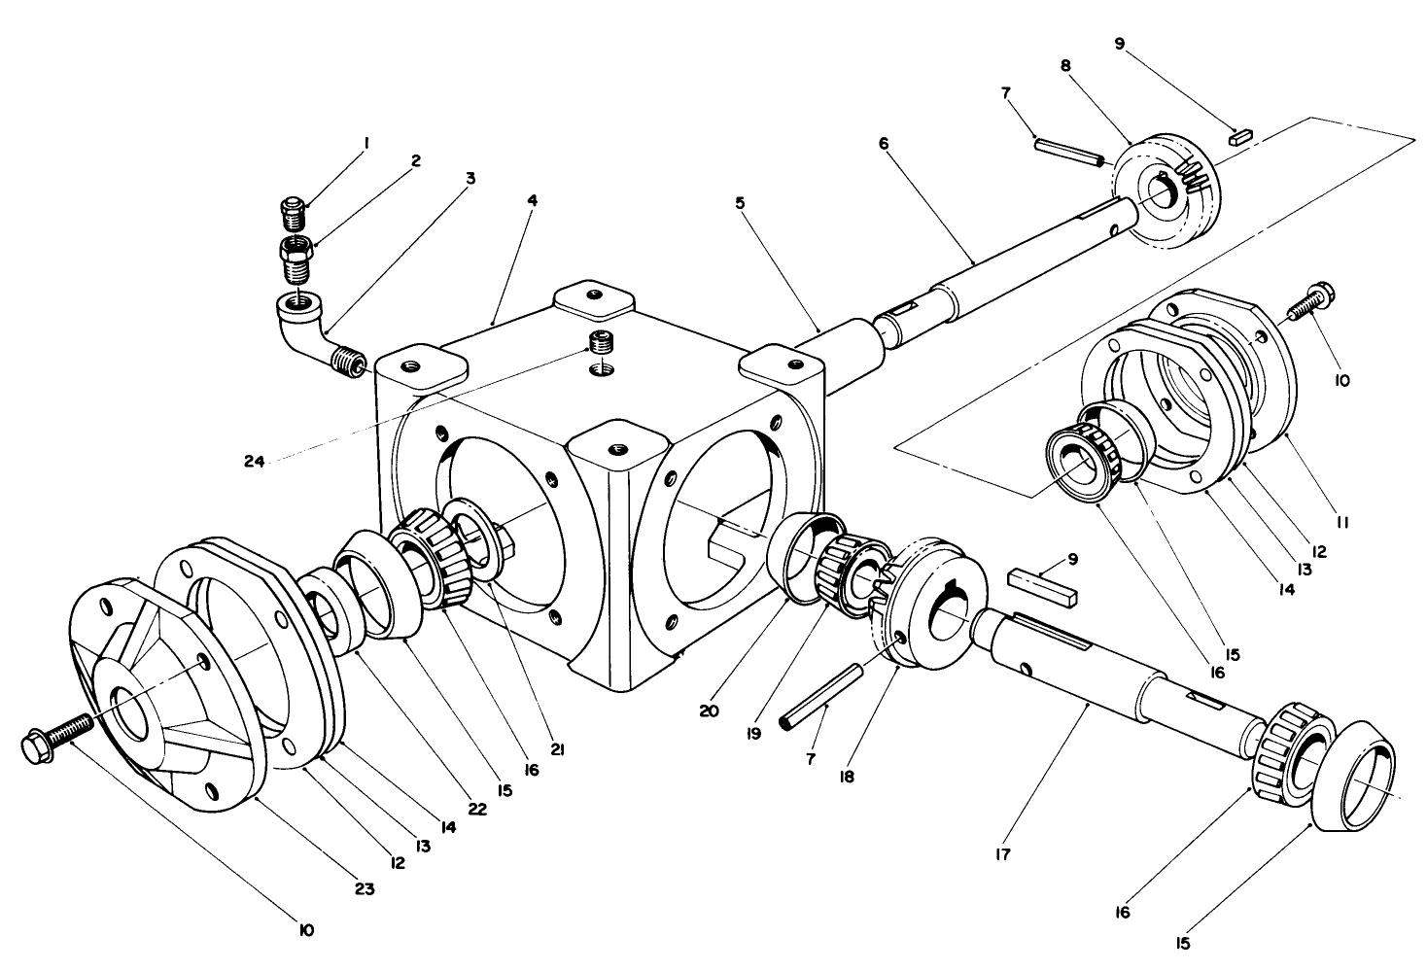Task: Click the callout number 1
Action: (366, 143)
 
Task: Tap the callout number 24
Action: (256, 462)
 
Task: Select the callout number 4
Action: (532, 199)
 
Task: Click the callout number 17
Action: (1002, 855)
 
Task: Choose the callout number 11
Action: (1342, 522)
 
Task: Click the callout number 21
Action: (558, 749)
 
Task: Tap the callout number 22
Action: (477, 808)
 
